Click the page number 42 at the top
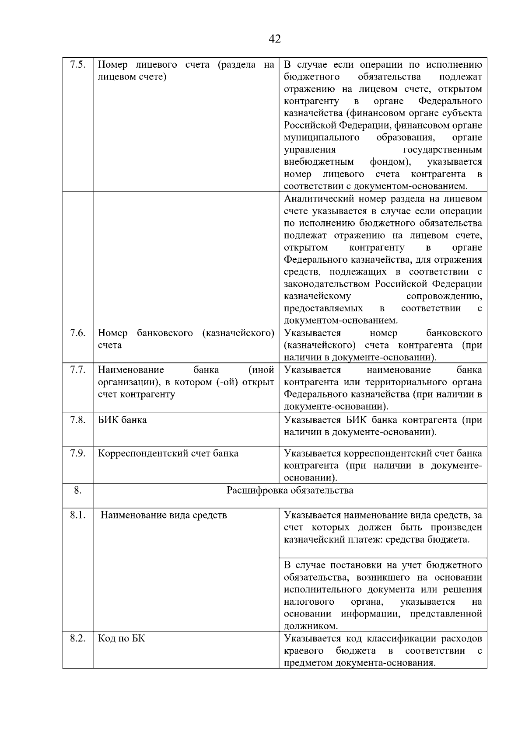tap(274, 39)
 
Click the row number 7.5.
tap(77, 65)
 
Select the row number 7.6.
tap(77, 333)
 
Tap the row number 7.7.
tap(77, 370)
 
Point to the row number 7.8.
tap(77, 420)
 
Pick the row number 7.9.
tap(77, 453)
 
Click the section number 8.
tap(77, 490)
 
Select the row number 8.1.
tap(77, 515)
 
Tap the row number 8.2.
tap(77, 639)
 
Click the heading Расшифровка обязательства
tap(290, 490)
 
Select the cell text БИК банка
tap(122, 420)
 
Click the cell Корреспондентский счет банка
tap(168, 453)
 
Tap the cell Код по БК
tap(121, 639)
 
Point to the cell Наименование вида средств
tap(164, 515)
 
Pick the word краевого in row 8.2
tap(304, 651)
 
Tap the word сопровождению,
tap(444, 296)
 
